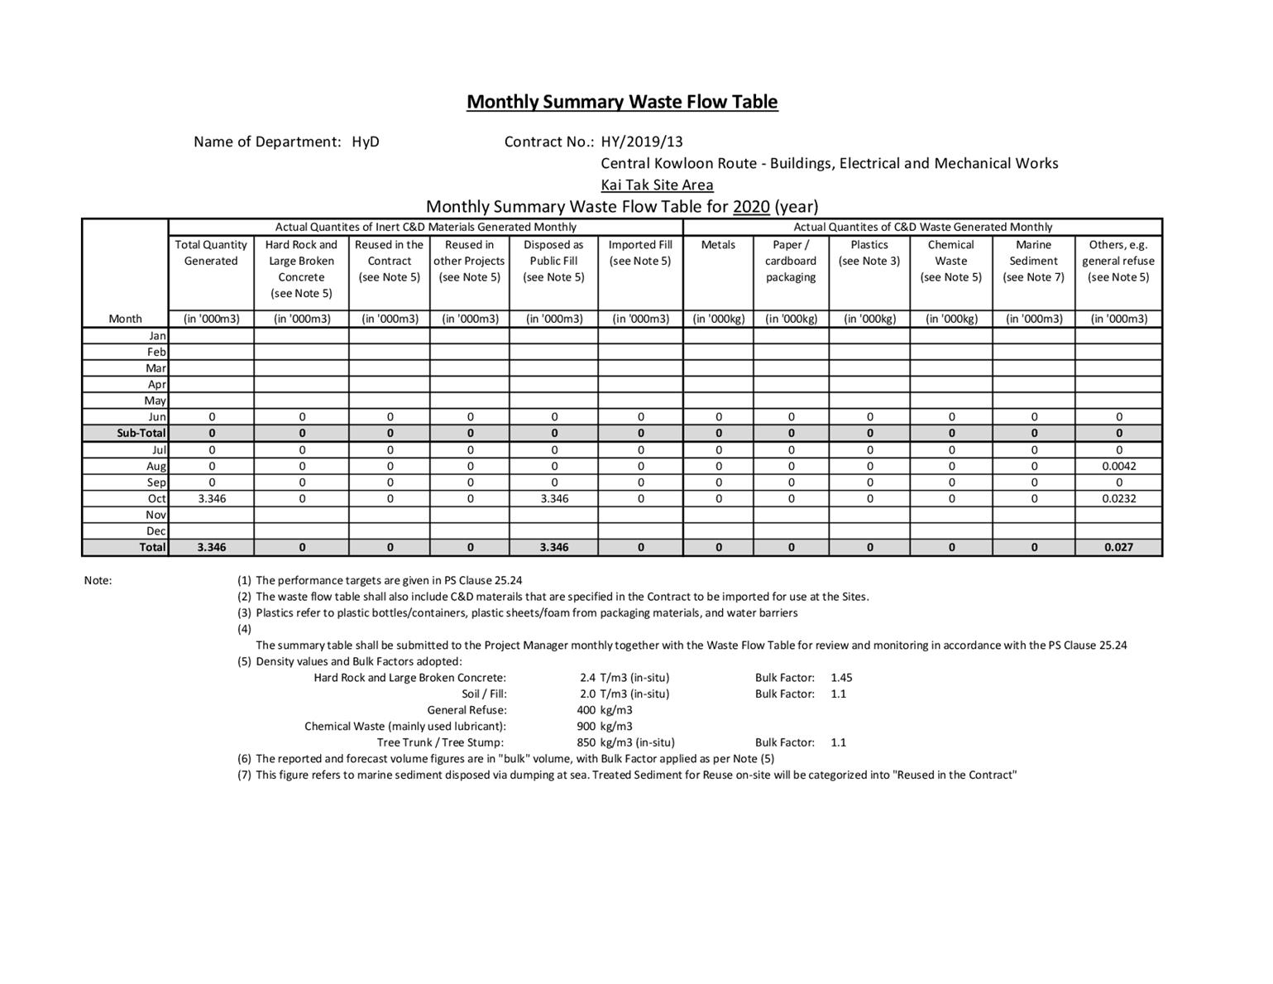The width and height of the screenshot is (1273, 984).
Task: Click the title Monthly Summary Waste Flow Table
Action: click(622, 102)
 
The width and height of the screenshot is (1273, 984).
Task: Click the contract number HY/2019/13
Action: click(642, 142)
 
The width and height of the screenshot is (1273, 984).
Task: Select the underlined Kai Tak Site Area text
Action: click(657, 185)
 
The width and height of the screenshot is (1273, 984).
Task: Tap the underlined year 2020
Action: click(751, 206)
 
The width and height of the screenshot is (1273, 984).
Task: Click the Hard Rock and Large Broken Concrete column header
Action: click(301, 268)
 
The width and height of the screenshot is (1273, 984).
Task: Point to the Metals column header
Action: click(718, 245)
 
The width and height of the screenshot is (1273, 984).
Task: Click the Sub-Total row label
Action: click(141, 433)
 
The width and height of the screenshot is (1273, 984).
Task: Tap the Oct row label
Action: click(157, 498)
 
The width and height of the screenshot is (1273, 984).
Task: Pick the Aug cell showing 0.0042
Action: click(1118, 466)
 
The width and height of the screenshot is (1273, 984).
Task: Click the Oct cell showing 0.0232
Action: click(1118, 498)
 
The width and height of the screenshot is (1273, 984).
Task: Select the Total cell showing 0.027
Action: click(1118, 547)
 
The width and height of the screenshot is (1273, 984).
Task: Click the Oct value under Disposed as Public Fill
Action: click(554, 498)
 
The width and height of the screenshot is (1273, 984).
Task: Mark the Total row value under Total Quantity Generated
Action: click(212, 547)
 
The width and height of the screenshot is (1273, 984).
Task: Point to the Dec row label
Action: click(156, 530)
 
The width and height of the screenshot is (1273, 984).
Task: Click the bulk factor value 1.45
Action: click(841, 677)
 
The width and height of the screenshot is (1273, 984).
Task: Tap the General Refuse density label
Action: click(467, 710)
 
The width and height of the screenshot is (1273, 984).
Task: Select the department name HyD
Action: click(366, 142)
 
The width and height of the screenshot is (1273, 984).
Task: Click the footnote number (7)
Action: click(244, 775)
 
